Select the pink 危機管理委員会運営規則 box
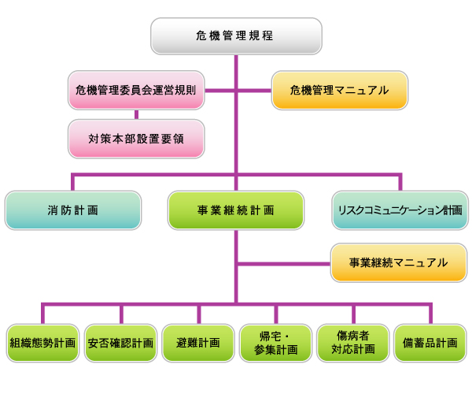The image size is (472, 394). [136, 91]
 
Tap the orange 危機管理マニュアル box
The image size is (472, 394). [340, 91]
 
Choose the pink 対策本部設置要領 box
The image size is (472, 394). [136, 139]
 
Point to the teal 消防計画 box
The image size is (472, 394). [73, 210]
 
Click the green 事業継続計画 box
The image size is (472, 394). [236, 210]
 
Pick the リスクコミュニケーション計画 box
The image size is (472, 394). [399, 210]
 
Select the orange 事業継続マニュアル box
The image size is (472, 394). [399, 263]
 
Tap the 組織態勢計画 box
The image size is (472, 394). [42, 343]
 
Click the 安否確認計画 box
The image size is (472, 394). [120, 343]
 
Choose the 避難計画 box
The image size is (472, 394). [198, 343]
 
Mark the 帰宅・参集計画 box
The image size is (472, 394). [275, 343]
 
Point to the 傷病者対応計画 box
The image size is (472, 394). [352, 343]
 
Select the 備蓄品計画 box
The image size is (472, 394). [430, 343]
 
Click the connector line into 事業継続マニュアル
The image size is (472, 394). [283, 263]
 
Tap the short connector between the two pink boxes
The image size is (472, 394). [137, 115]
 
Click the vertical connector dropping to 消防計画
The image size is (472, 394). [72, 180]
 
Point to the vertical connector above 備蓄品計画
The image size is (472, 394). [430, 312]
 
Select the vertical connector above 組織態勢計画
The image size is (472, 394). [43, 312]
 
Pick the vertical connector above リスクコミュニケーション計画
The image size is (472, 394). [400, 180]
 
